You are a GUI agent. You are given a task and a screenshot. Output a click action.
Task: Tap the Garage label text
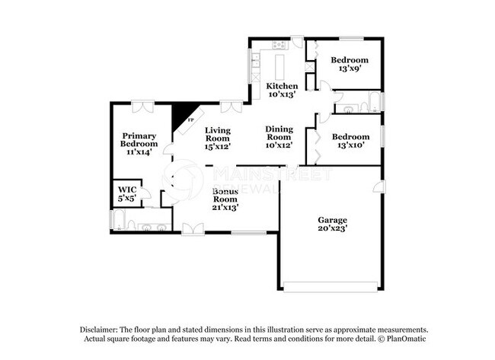[333, 220]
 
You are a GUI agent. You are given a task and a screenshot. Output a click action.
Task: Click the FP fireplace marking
[190, 122]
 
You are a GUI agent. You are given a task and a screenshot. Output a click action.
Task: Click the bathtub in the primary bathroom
[119, 221]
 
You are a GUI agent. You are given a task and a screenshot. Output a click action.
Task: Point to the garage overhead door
[330, 287]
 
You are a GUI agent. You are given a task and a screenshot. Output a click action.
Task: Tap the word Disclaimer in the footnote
[102, 329]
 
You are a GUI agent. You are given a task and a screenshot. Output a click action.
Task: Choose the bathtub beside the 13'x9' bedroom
[371, 101]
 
